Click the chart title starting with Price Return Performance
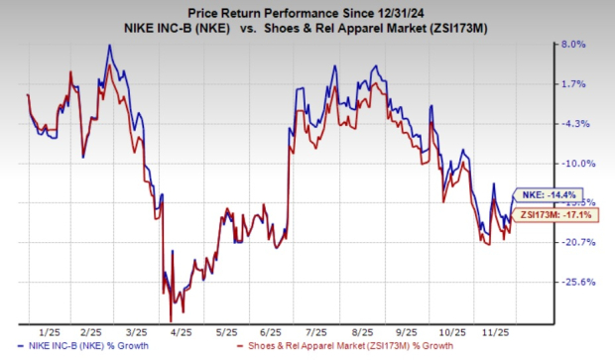(x=308, y=12)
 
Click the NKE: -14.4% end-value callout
(x=544, y=194)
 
